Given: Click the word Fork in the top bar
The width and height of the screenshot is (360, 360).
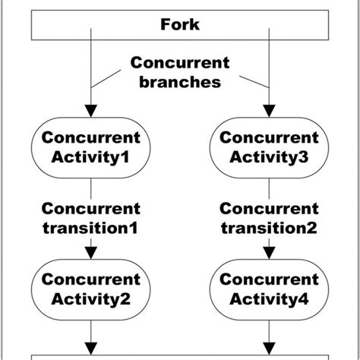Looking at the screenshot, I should pyautogui.click(x=180, y=25).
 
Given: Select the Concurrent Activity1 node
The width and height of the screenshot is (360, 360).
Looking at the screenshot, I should pyautogui.click(x=91, y=147).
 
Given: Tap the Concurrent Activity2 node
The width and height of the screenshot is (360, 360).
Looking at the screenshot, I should pyautogui.click(x=91, y=289).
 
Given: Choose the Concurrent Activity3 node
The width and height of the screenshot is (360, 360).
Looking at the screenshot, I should pyautogui.click(x=269, y=147).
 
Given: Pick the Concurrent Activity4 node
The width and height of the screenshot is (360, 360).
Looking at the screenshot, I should pyautogui.click(x=269, y=289).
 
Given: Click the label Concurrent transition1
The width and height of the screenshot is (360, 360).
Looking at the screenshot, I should pyautogui.click(x=91, y=217).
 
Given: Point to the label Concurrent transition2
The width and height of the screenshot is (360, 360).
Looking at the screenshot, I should pyautogui.click(x=269, y=217).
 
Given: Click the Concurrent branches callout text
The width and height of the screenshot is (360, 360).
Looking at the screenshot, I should pyautogui.click(x=179, y=72).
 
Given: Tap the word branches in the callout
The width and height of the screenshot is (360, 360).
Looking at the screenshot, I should pyautogui.click(x=179, y=82).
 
